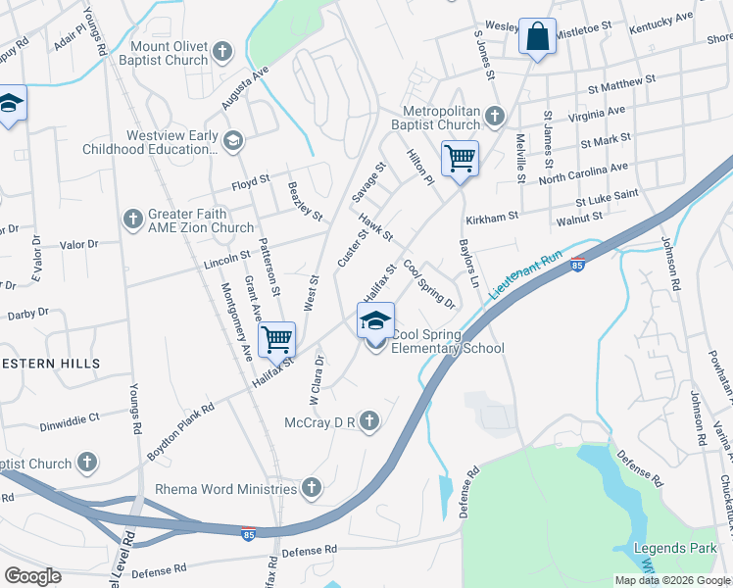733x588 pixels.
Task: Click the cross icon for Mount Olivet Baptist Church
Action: coord(222,51)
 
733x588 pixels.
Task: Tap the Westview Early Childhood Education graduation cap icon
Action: coord(232,141)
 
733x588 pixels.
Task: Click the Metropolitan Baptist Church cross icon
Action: coord(494,118)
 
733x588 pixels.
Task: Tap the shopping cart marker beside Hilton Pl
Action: coord(460,157)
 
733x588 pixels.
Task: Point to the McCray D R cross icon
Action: coord(368,421)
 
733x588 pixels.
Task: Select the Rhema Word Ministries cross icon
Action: coord(311,487)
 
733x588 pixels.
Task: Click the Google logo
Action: coord(32,576)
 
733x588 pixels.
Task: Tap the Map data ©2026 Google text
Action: coord(673,580)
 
